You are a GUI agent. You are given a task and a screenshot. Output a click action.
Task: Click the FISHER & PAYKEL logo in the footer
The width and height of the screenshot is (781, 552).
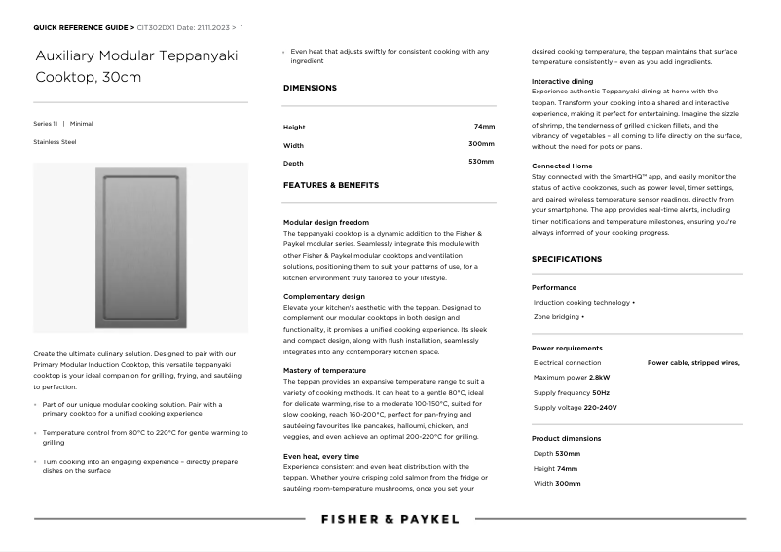point(390,519)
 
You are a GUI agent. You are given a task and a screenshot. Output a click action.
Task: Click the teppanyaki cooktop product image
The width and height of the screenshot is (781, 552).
point(140,248)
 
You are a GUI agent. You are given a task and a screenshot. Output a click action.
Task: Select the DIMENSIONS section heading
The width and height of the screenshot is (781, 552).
point(310,88)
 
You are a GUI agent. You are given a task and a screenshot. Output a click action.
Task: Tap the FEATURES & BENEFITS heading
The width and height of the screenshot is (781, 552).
point(331,185)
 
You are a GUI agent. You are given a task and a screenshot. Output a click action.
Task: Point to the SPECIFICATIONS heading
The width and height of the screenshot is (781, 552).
point(567,259)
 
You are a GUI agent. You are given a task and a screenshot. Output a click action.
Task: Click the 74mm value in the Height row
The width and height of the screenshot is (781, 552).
point(484,127)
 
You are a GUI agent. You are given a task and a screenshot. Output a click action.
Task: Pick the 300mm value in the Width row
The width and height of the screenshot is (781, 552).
point(481,144)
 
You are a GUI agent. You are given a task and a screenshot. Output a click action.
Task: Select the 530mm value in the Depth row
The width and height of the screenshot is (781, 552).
point(481,161)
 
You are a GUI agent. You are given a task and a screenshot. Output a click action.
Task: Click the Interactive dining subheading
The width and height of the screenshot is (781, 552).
point(562,81)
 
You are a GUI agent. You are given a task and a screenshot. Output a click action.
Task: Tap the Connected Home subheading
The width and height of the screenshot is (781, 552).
point(562,166)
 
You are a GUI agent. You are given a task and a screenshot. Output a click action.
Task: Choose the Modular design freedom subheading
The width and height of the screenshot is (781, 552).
point(326,223)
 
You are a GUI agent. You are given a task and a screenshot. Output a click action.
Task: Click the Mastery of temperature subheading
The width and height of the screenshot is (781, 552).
point(324,371)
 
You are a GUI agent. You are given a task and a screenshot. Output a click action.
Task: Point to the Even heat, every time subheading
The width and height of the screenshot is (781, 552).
point(320,456)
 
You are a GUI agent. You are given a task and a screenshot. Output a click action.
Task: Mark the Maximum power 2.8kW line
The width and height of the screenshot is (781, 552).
point(572,378)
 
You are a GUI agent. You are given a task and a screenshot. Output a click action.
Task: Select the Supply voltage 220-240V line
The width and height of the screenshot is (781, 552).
point(575,408)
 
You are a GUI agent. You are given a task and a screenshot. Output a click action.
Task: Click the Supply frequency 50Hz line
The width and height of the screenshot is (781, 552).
point(572,392)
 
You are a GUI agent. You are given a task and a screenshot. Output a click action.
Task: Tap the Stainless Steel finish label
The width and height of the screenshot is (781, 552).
point(55,142)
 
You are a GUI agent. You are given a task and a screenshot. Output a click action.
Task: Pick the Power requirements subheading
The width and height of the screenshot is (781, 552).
point(567,348)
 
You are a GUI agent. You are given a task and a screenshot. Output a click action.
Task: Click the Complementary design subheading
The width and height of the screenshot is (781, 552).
point(324,296)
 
